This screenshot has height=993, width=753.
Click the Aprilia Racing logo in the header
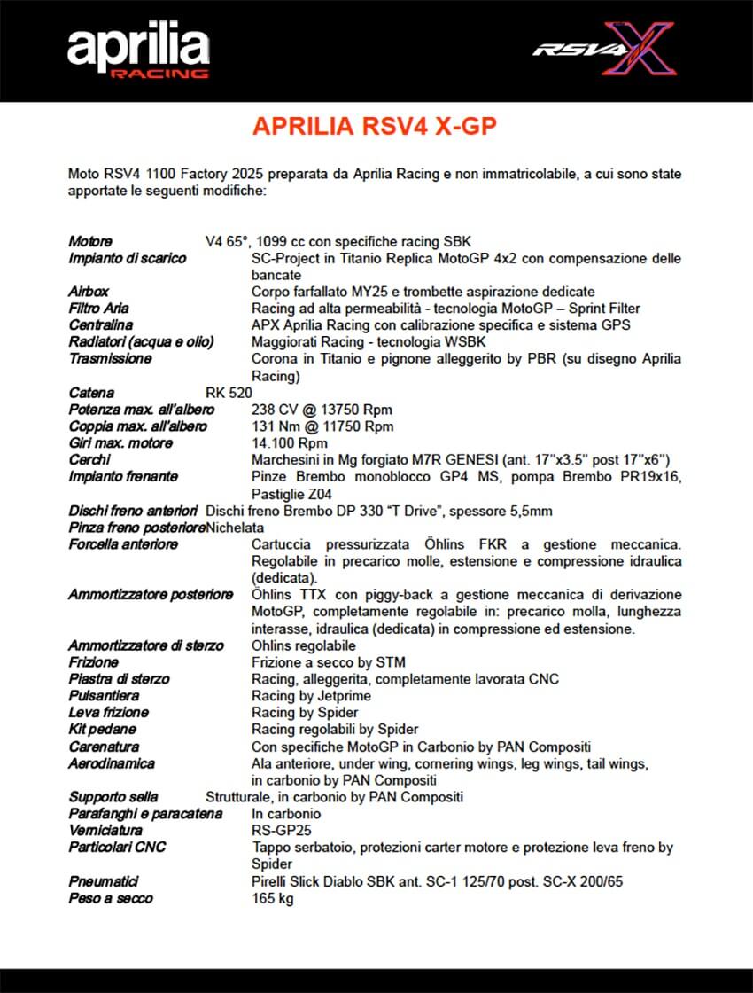click(138, 51)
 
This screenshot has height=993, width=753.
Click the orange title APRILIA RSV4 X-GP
click(375, 127)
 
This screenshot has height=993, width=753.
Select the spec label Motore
click(90, 241)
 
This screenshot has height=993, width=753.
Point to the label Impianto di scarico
click(128, 258)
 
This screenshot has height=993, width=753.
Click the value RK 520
click(229, 393)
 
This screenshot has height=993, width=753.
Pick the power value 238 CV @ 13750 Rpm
click(322, 410)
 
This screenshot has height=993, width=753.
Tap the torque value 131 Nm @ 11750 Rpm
click(322, 426)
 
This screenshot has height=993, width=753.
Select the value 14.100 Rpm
click(290, 443)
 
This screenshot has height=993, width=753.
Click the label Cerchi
click(89, 460)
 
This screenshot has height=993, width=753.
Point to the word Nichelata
click(236, 528)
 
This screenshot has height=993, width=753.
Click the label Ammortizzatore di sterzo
click(146, 645)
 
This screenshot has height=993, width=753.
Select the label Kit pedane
click(103, 730)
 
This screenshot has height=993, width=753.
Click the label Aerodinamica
click(112, 763)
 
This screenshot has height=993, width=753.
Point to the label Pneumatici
click(104, 881)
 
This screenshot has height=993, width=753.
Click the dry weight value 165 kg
click(273, 898)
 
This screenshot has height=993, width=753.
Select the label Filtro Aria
click(98, 309)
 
